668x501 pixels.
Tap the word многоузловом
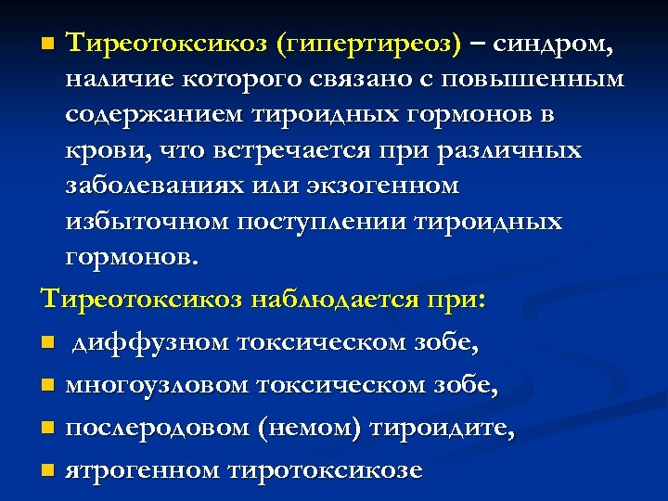[x=155, y=385]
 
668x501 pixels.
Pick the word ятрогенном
[x=138, y=469]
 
